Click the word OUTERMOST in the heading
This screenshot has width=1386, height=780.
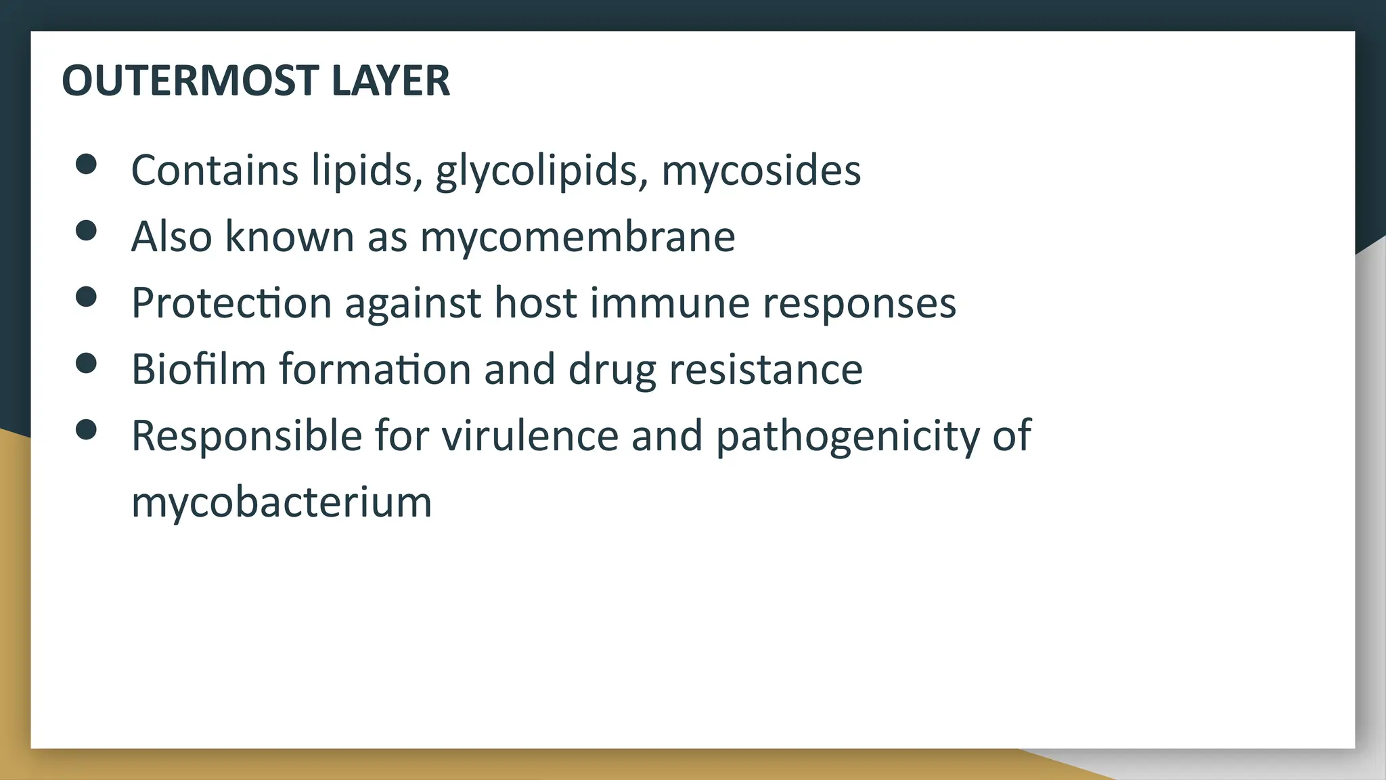[x=189, y=81]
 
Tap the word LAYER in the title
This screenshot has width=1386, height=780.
[x=390, y=81]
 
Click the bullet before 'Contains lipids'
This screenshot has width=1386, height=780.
[x=87, y=164]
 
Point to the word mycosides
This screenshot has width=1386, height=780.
[x=761, y=170]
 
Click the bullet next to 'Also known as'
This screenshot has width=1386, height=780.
[x=87, y=230]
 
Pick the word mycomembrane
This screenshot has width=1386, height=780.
[x=577, y=236]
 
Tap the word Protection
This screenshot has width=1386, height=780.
[x=231, y=303]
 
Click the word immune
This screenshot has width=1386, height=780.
[x=669, y=303]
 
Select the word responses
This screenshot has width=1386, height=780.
[x=859, y=303]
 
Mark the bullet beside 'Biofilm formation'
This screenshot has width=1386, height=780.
[x=87, y=363]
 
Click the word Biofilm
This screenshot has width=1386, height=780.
[x=198, y=369]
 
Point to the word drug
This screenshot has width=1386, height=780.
[x=612, y=370]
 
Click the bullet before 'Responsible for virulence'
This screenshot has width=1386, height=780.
[x=87, y=429]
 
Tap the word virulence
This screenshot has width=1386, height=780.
[x=530, y=435]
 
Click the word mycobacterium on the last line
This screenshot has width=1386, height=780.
[x=282, y=502]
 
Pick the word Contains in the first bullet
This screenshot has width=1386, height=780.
[x=215, y=170]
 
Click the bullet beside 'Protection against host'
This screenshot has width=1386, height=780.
[x=87, y=297]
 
